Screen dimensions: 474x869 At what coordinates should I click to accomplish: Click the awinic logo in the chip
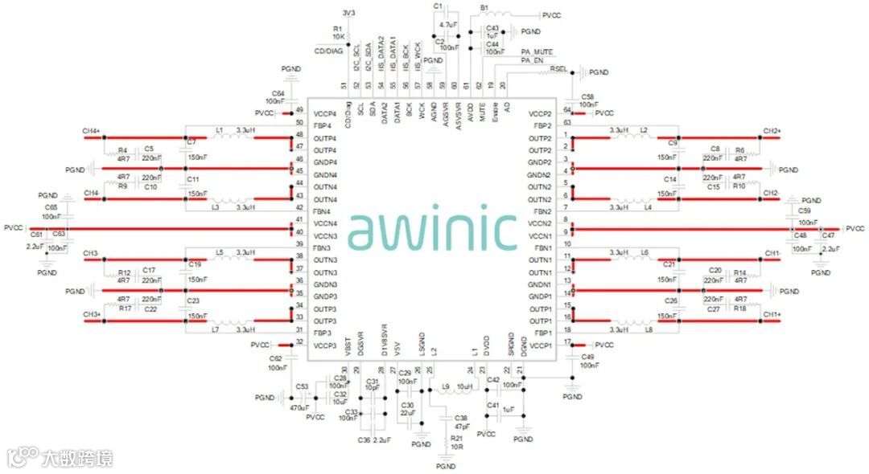[x=434, y=231]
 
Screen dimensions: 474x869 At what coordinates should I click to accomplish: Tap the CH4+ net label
[x=90, y=130]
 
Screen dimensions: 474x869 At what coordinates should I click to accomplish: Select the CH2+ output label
[x=772, y=130]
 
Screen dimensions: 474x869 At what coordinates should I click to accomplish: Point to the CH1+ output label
[x=772, y=313]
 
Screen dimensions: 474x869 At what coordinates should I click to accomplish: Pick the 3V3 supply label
[x=348, y=14]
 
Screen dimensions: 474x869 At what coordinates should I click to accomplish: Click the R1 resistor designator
[x=337, y=29]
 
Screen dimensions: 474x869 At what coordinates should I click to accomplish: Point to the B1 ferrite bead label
[x=484, y=7]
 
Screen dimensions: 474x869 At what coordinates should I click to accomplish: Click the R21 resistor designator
[x=457, y=439]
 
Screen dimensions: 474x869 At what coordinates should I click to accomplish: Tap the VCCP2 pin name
[x=540, y=114]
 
